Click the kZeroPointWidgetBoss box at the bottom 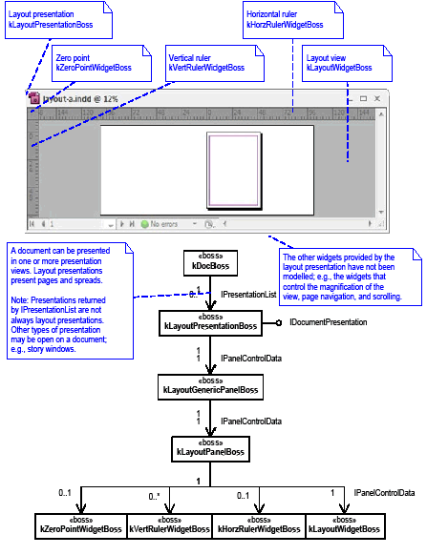(x=80, y=524)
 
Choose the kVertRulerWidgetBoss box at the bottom (x=169, y=524)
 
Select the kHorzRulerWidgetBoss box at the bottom (x=258, y=524)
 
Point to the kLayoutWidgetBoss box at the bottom (x=344, y=524)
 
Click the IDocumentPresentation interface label (x=328, y=322)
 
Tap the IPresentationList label (x=248, y=295)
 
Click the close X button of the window (x=377, y=98)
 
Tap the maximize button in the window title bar (x=363, y=98)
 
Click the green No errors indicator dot (x=145, y=225)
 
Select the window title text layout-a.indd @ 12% (x=78, y=98)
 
